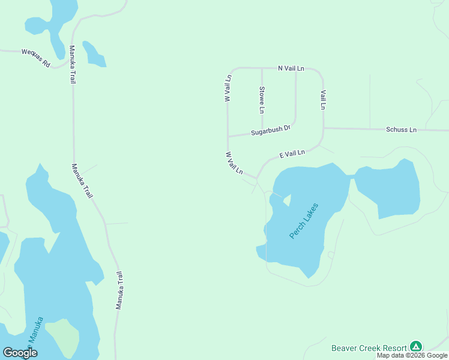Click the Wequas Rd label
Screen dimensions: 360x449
(36, 57)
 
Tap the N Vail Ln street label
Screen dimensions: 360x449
(291, 68)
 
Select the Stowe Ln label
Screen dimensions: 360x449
(262, 100)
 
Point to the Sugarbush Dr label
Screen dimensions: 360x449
(270, 130)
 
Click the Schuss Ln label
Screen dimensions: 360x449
(401, 130)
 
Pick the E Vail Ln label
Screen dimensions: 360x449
(292, 154)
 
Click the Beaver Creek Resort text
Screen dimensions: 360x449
(369, 347)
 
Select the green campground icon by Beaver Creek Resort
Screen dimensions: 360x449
(415, 347)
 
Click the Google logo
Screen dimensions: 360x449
(20, 353)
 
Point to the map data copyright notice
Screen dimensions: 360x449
(412, 356)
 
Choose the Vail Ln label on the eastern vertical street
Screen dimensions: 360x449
(323, 100)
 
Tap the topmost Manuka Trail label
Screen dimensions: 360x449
(72, 64)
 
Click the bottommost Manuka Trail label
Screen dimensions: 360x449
(120, 289)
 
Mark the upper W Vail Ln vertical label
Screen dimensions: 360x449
(228, 88)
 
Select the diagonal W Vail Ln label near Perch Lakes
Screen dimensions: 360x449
(234, 163)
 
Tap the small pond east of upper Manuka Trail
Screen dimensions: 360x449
(94, 54)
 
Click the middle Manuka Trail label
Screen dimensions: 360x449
(82, 181)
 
